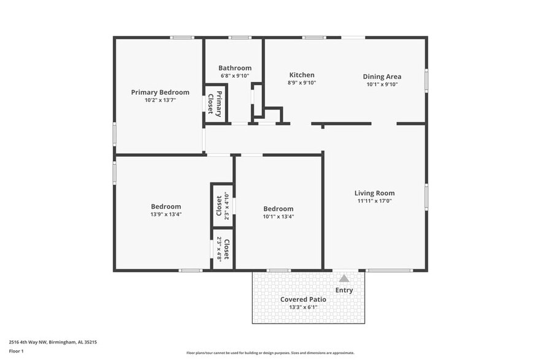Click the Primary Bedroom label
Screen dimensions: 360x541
(x=160, y=92)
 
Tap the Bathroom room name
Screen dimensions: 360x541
(x=235, y=68)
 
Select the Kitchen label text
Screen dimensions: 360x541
(x=302, y=75)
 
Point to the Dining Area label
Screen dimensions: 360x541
(x=382, y=77)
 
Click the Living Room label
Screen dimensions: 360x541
(x=375, y=193)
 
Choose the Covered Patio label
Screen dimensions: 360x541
(x=303, y=299)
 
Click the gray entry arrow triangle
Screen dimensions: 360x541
(x=344, y=279)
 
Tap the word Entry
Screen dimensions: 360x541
(x=344, y=290)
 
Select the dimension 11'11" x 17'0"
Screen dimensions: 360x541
(x=375, y=201)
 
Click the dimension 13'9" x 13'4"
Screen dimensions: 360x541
(x=166, y=214)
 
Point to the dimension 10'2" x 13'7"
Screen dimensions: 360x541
(x=160, y=100)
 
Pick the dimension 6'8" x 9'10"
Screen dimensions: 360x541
(x=235, y=75)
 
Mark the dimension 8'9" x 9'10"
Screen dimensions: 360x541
(x=302, y=83)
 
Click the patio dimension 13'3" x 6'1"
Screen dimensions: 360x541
(x=303, y=307)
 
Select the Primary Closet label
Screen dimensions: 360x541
(x=215, y=103)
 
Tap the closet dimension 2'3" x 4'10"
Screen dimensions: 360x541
(x=227, y=206)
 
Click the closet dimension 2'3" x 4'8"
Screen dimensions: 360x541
(x=219, y=250)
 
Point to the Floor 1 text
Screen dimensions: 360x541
(x=16, y=351)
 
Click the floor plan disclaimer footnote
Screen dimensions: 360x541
(x=270, y=353)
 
